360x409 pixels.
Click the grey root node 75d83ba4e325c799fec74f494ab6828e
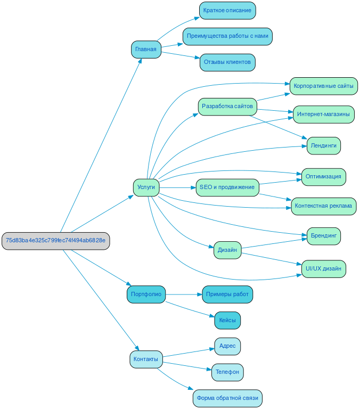pyautogui.click(x=55, y=241)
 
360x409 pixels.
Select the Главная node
pyautogui.click(x=146, y=50)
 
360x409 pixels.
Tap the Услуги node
pyautogui.click(x=146, y=187)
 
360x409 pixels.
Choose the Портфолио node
pyautogui.click(x=146, y=295)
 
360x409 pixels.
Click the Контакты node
pyautogui.click(x=146, y=359)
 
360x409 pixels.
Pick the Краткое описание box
pyautogui.click(x=227, y=11)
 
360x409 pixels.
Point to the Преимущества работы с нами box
pyautogui.click(x=227, y=36)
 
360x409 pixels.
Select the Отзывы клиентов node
pyautogui.click(x=227, y=62)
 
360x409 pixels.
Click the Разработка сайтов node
pyautogui.click(x=227, y=107)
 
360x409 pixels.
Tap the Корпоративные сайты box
pyautogui.click(x=323, y=86)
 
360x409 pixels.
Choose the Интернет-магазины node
pyautogui.click(x=323, y=114)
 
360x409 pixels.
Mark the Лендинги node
pyautogui.click(x=323, y=145)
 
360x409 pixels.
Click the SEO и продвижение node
pyautogui.click(x=227, y=187)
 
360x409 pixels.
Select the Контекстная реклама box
pyautogui.click(x=323, y=206)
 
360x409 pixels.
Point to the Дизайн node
pyautogui.click(x=227, y=250)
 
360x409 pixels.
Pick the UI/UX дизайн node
pyautogui.click(x=323, y=269)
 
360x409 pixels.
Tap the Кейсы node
pyautogui.click(x=227, y=321)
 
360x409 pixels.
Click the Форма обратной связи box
pyautogui.click(x=227, y=398)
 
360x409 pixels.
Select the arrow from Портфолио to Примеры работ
pyautogui.click(x=184, y=295)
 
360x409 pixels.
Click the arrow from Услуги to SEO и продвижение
pyautogui.click(x=178, y=187)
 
